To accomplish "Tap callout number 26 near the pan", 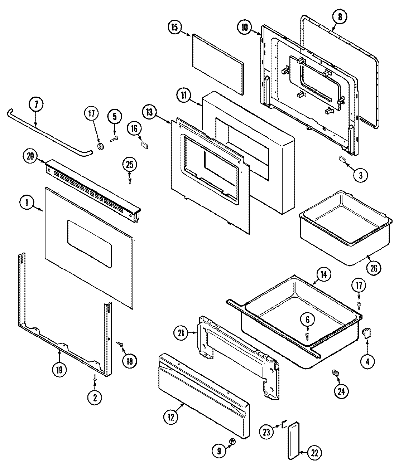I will tap(373, 268).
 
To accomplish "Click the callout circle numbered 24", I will tap(341, 391).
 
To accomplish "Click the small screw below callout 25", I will tap(130, 179).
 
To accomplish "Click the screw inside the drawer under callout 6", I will tap(307, 335).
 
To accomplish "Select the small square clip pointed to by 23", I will tap(284, 424).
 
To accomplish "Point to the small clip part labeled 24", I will tap(335, 373).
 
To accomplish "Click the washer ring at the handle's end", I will tap(101, 146).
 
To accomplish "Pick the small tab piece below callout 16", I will tap(145, 144).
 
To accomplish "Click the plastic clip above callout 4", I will tap(367, 333).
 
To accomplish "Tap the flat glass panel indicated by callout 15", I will tap(217, 64).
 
